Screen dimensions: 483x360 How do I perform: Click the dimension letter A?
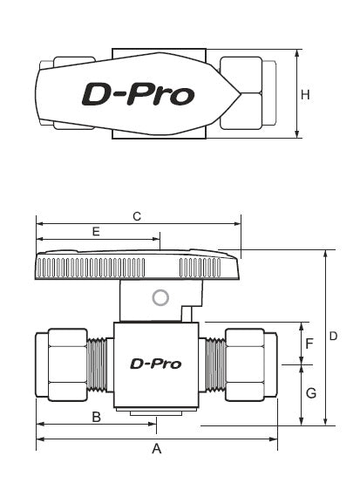[157, 449]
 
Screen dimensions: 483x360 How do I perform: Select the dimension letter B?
[98, 416]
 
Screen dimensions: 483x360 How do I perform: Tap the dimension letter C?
[136, 215]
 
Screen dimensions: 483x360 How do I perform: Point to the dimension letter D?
[333, 336]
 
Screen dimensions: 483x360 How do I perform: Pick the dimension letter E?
[95, 232]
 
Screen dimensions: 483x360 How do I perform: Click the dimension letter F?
[309, 343]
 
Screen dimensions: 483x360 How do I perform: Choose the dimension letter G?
[309, 393]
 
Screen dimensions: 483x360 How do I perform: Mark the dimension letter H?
[305, 95]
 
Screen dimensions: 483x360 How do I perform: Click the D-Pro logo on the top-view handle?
[138, 93]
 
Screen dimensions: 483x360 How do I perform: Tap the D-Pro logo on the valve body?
[155, 364]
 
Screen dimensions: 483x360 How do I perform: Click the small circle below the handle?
[160, 298]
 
